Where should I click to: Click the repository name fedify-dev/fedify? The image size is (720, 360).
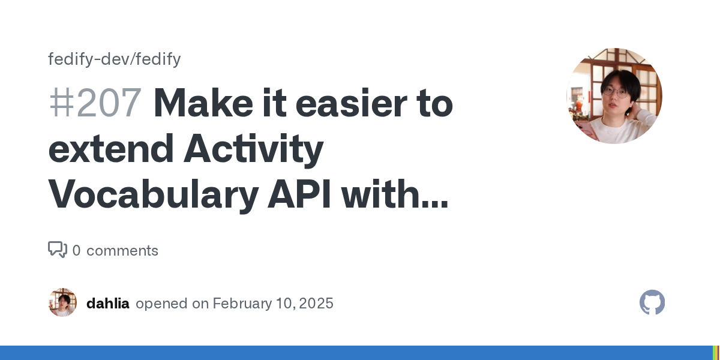click(x=115, y=59)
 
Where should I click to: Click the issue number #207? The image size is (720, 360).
click(x=95, y=103)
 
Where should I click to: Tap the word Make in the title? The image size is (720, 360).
click(x=203, y=103)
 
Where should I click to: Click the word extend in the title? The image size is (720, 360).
click(x=111, y=149)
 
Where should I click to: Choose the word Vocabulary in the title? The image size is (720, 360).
click(x=154, y=194)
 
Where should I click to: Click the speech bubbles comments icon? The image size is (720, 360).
click(x=58, y=250)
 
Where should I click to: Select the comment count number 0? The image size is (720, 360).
click(x=77, y=250)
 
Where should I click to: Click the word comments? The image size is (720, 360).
click(x=122, y=251)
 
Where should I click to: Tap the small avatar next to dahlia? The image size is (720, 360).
click(x=62, y=302)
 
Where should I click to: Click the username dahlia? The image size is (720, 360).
click(x=108, y=304)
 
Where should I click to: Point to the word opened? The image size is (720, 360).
click(x=161, y=304)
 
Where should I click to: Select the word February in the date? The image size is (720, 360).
click(x=242, y=304)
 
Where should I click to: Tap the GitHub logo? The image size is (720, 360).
click(x=652, y=302)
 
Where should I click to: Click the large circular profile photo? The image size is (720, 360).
click(x=614, y=96)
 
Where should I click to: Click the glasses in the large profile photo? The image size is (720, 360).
click(x=615, y=92)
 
